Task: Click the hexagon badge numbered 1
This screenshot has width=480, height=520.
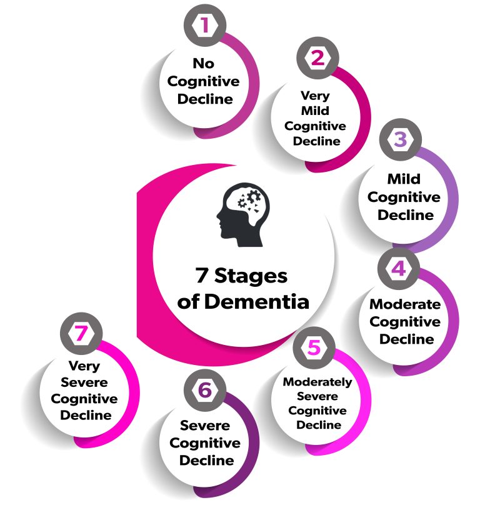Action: [204, 26]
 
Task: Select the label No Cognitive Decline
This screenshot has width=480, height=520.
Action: [204, 81]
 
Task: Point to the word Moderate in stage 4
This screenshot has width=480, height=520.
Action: [405, 304]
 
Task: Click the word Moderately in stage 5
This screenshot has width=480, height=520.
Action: [317, 382]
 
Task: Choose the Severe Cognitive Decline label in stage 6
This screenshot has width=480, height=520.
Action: [206, 442]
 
